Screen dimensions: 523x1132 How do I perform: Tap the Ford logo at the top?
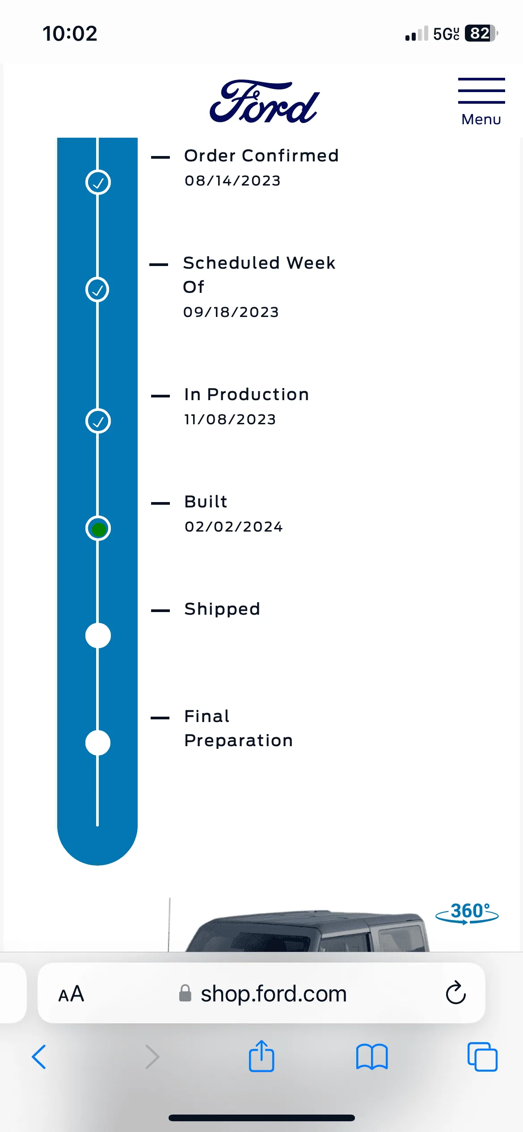(264, 102)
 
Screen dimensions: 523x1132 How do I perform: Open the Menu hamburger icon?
(481, 91)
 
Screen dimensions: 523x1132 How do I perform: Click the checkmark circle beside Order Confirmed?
(98, 182)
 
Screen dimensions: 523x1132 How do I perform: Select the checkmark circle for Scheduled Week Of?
(97, 290)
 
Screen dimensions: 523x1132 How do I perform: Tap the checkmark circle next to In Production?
(98, 421)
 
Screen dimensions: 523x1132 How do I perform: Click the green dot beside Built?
(98, 529)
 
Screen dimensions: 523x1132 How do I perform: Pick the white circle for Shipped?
(98, 635)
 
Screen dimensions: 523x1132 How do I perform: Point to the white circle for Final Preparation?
(98, 743)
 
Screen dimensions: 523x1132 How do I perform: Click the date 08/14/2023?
(232, 181)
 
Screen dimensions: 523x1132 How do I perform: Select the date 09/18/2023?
(231, 312)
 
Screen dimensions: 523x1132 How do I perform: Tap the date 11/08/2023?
(230, 419)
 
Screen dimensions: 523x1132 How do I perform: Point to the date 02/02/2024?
(234, 527)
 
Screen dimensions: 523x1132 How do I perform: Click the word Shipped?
(222, 609)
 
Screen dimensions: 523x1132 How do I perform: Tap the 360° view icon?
(467, 913)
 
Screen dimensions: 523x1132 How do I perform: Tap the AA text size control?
(71, 994)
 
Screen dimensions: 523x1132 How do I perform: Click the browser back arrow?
(39, 1057)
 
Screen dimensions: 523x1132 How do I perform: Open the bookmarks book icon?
(372, 1057)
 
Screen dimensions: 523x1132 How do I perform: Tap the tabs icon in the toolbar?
(482, 1057)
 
